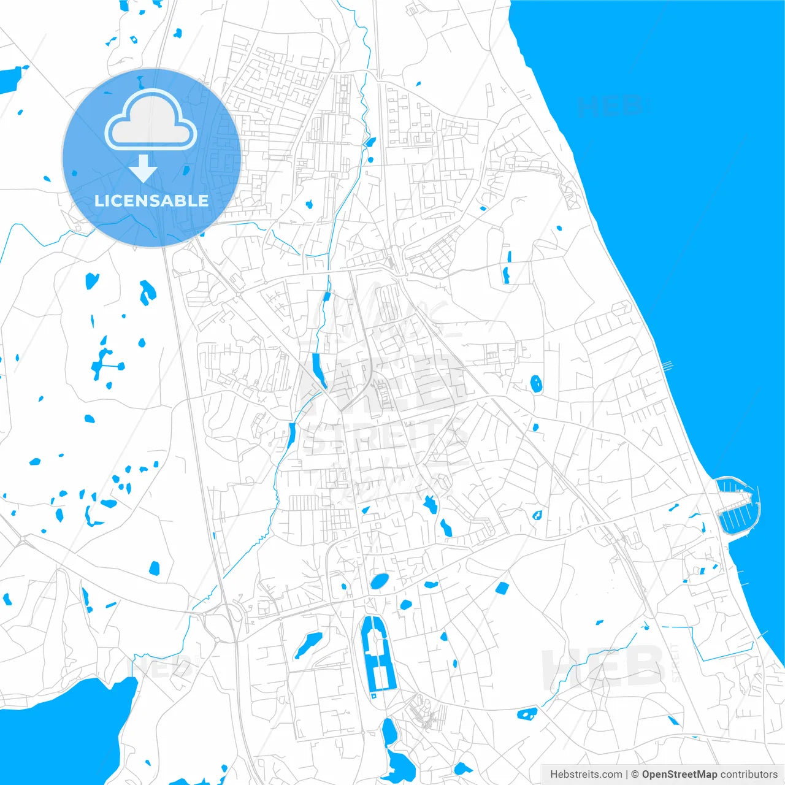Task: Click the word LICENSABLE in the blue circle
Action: pos(151,201)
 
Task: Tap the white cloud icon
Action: pos(151,120)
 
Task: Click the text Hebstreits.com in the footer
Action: pos(586,775)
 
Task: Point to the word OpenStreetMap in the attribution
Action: pos(679,775)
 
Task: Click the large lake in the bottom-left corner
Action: pos(67,730)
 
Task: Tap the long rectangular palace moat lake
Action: pos(377,653)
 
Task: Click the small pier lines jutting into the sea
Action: pos(667,366)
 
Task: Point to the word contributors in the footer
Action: pos(748,775)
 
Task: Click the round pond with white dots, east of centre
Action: pos(537,384)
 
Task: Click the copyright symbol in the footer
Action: pos(635,775)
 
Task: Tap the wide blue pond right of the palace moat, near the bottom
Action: pos(527,713)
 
